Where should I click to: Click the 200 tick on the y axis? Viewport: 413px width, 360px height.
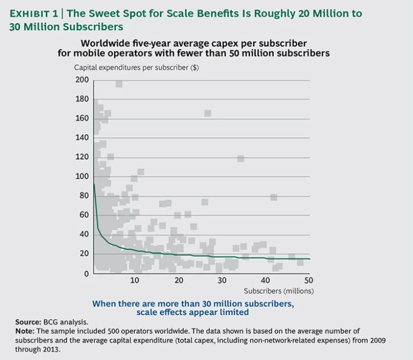click(82, 80)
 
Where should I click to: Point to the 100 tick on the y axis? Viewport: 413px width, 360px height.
click(82, 177)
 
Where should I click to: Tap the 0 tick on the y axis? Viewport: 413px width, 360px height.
click(86, 273)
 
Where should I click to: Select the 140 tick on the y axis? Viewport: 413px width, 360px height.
click(82, 138)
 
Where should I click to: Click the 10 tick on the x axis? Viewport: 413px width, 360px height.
click(134, 280)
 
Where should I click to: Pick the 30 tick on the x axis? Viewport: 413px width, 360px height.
click(222, 280)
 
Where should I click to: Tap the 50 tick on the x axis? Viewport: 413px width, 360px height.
click(309, 280)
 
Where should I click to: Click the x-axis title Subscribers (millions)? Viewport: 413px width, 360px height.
click(279, 291)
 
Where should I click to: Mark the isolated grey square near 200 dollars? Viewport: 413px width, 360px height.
click(119, 83)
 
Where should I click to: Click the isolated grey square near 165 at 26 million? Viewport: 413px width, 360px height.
click(208, 113)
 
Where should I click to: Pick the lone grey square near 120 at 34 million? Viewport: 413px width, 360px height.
click(240, 158)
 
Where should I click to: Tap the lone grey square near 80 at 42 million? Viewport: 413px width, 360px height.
click(274, 197)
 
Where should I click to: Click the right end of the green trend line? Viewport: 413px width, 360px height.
click(310, 259)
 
